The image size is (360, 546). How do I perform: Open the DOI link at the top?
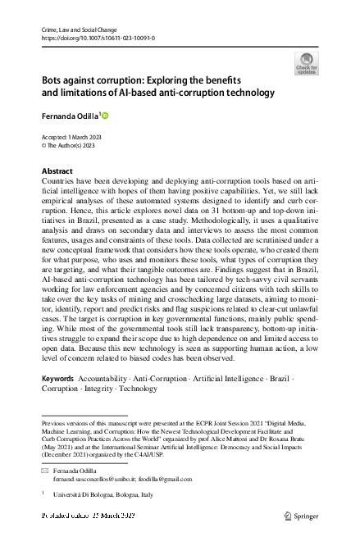pos(97,38)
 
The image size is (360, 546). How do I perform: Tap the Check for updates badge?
pos(306,63)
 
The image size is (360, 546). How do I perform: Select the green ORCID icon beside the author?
pos(104,116)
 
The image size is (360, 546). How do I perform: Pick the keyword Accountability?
pos(110,380)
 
